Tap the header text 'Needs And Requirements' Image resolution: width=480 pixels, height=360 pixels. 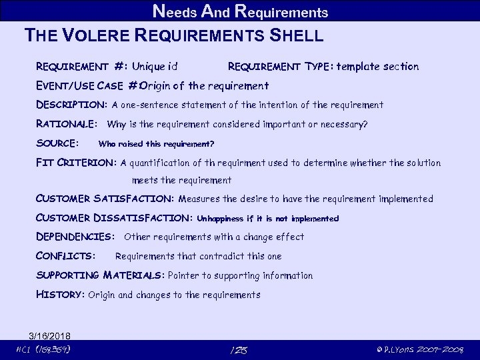(x=240, y=11)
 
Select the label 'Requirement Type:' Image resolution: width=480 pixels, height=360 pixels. (x=280, y=66)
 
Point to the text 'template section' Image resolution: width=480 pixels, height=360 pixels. (x=378, y=66)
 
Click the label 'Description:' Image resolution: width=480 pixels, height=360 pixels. (x=71, y=105)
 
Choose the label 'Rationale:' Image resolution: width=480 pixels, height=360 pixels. (x=67, y=124)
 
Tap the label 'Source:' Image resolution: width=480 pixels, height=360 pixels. (x=57, y=143)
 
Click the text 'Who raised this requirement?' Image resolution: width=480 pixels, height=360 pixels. (x=156, y=144)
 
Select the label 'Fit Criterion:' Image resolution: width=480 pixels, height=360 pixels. (x=76, y=163)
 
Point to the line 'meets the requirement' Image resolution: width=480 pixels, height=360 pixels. (x=182, y=180)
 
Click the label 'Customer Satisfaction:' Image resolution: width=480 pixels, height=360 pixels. (x=105, y=199)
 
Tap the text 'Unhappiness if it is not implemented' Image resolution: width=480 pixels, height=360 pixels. (x=268, y=219)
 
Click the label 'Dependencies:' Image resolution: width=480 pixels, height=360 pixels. (x=75, y=237)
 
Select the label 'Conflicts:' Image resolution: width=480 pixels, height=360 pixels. (x=65, y=256)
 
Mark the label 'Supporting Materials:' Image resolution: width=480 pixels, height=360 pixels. (x=100, y=275)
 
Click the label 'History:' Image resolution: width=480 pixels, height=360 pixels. (x=60, y=295)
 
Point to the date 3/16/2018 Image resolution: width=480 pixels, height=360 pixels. (x=50, y=335)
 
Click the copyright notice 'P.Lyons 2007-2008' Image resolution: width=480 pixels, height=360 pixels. (x=420, y=350)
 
